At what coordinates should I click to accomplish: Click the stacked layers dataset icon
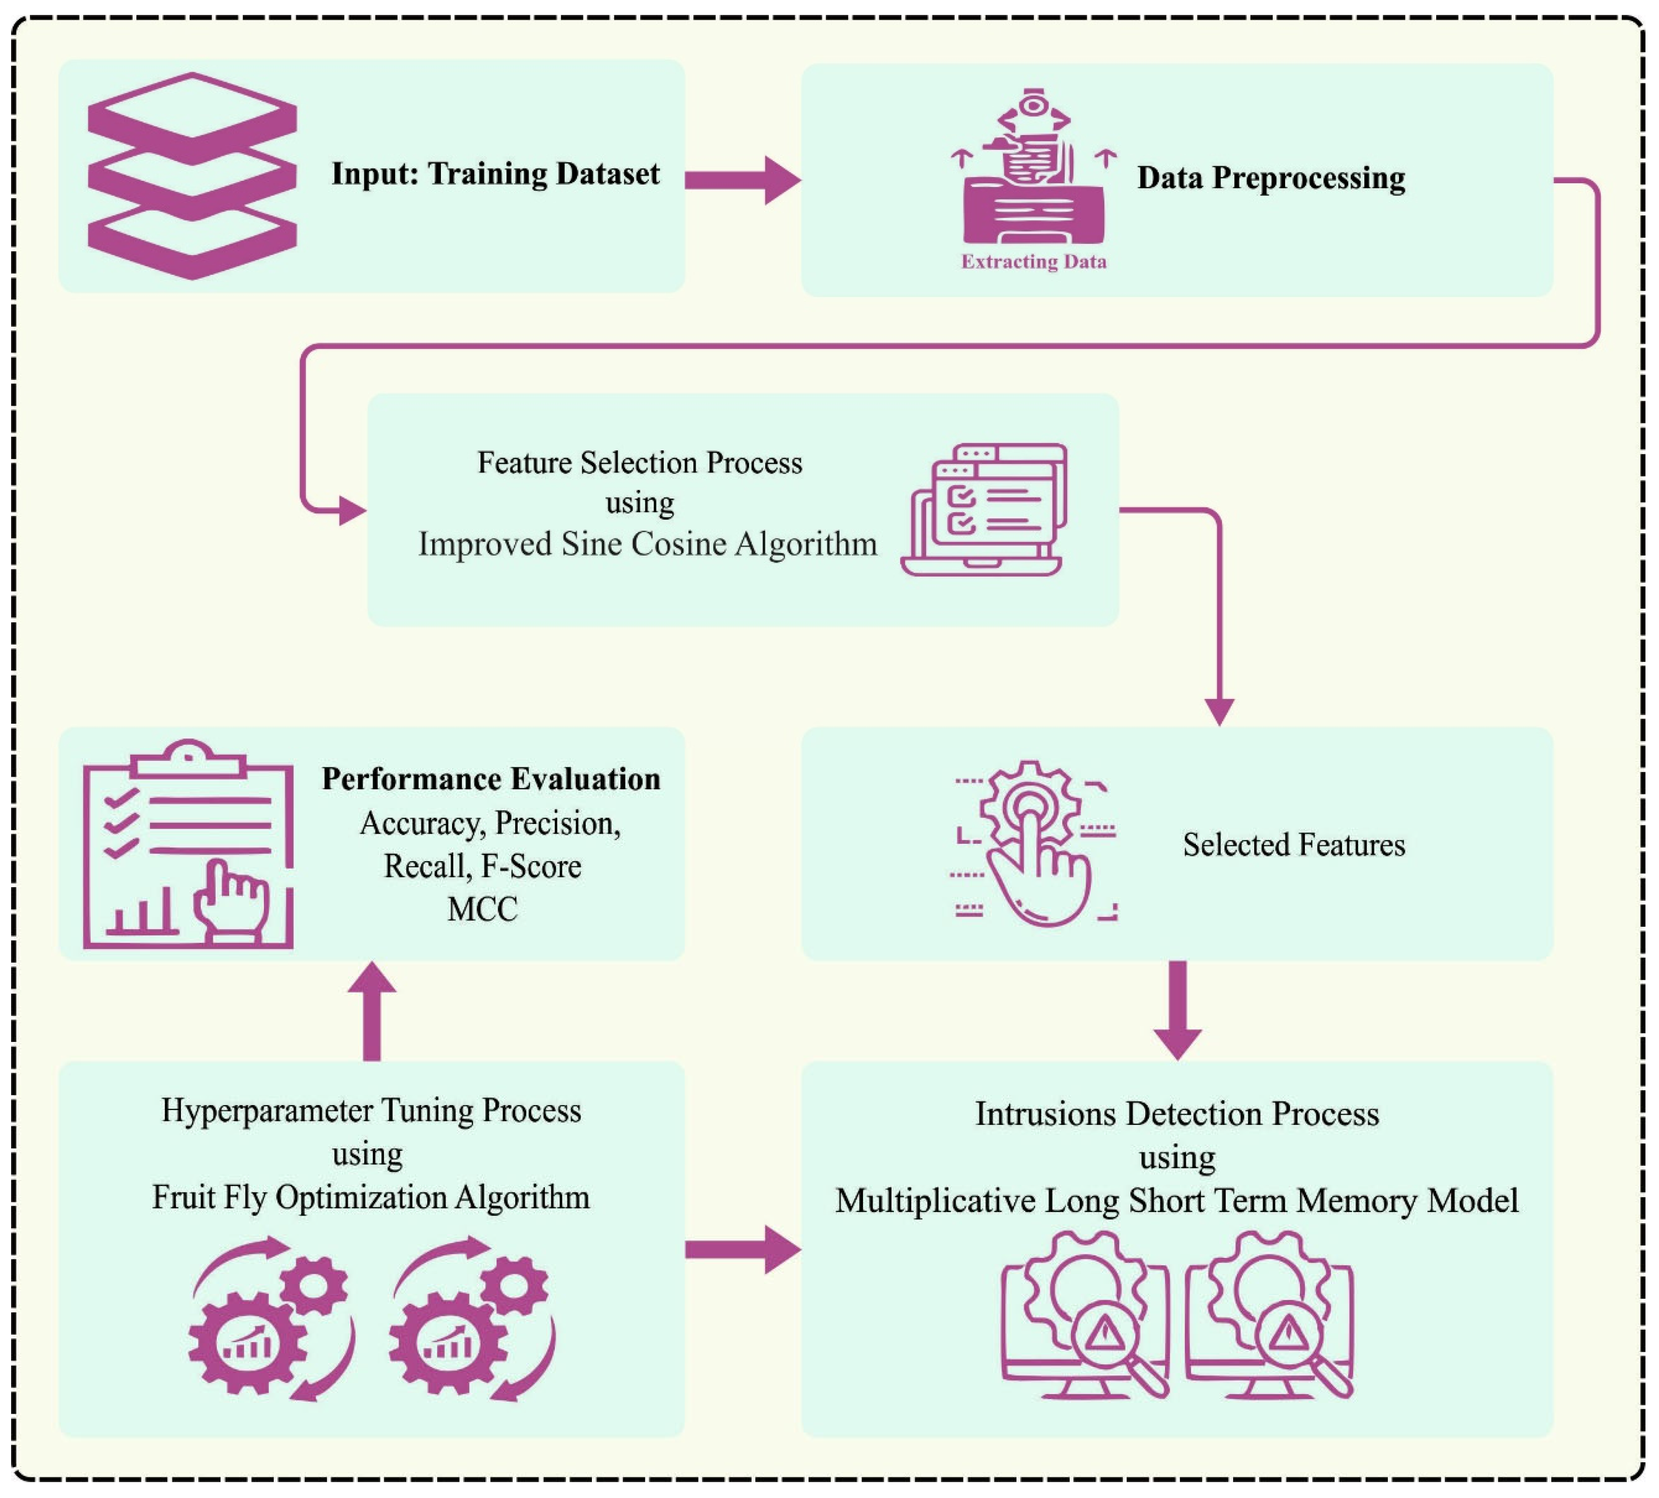(x=192, y=176)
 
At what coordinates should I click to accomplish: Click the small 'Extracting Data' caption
(x=1034, y=262)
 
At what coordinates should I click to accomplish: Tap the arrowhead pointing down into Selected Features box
(x=1219, y=710)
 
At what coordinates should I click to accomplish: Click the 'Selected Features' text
(x=1294, y=845)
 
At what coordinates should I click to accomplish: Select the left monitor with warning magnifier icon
(x=1084, y=1315)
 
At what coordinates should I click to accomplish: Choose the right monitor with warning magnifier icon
(x=1269, y=1315)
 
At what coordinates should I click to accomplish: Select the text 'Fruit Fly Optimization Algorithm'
(x=371, y=1198)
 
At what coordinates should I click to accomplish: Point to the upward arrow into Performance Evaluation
(x=372, y=1010)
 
